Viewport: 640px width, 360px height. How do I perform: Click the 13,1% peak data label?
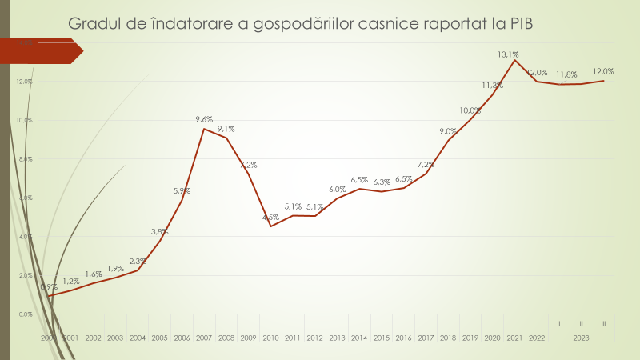[508, 54]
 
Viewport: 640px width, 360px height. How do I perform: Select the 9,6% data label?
[205, 120]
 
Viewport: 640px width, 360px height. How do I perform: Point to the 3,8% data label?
[160, 232]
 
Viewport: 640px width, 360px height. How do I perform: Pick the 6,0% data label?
[337, 190]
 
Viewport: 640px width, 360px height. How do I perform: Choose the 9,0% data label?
[448, 131]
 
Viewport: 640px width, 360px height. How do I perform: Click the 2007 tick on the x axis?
[204, 338]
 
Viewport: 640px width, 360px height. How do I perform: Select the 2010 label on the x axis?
[270, 338]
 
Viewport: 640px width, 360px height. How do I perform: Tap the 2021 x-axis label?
[514, 338]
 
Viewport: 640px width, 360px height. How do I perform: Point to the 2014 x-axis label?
[359, 338]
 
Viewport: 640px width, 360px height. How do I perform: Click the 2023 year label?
[582, 338]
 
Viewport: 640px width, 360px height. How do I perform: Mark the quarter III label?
[602, 323]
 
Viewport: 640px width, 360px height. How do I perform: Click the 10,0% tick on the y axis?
[24, 120]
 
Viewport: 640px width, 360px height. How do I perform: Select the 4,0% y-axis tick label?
[24, 237]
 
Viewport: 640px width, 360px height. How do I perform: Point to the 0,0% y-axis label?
[24, 314]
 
